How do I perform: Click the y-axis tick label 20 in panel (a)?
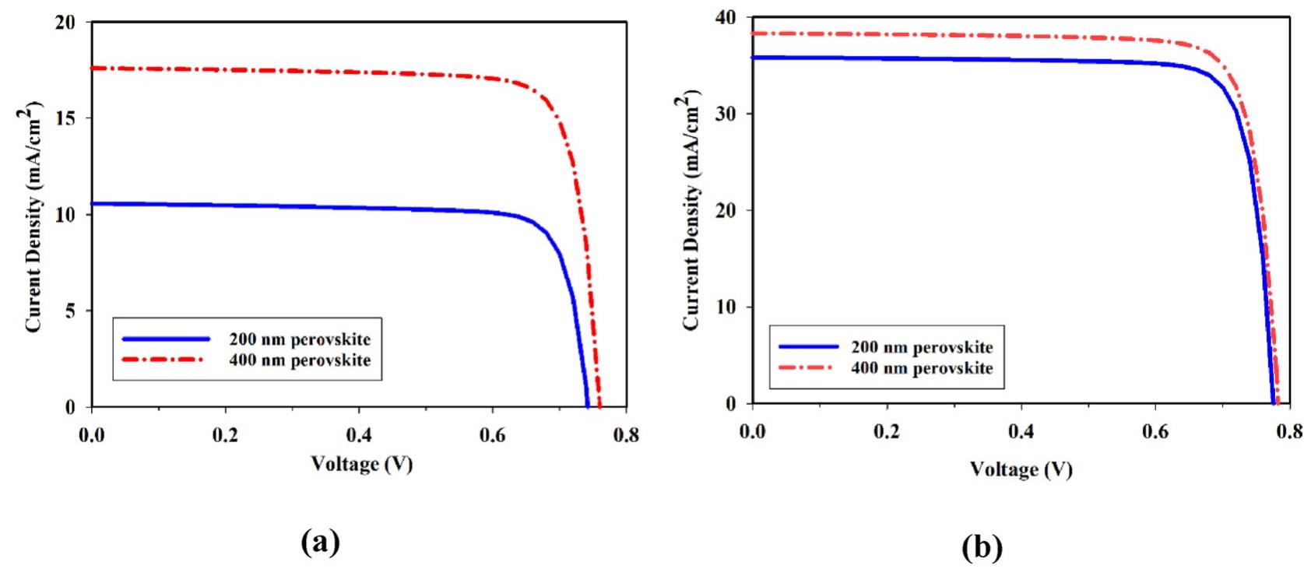coord(66,23)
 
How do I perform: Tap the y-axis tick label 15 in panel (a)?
coord(66,118)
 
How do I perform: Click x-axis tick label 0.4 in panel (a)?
coord(359,434)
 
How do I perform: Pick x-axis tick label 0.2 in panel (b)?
coord(887,431)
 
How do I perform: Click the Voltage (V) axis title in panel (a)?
coord(362,464)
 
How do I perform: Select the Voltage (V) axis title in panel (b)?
coord(1021,469)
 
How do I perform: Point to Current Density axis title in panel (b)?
coord(691,210)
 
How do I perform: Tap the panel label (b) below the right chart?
coord(982,548)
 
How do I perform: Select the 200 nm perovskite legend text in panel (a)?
coord(300,339)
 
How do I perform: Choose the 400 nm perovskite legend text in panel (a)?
coord(300,360)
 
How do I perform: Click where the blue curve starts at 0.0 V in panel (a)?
coord(93,204)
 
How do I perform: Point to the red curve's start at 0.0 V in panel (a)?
coord(93,68)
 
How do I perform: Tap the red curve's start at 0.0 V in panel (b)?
coord(753,33)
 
